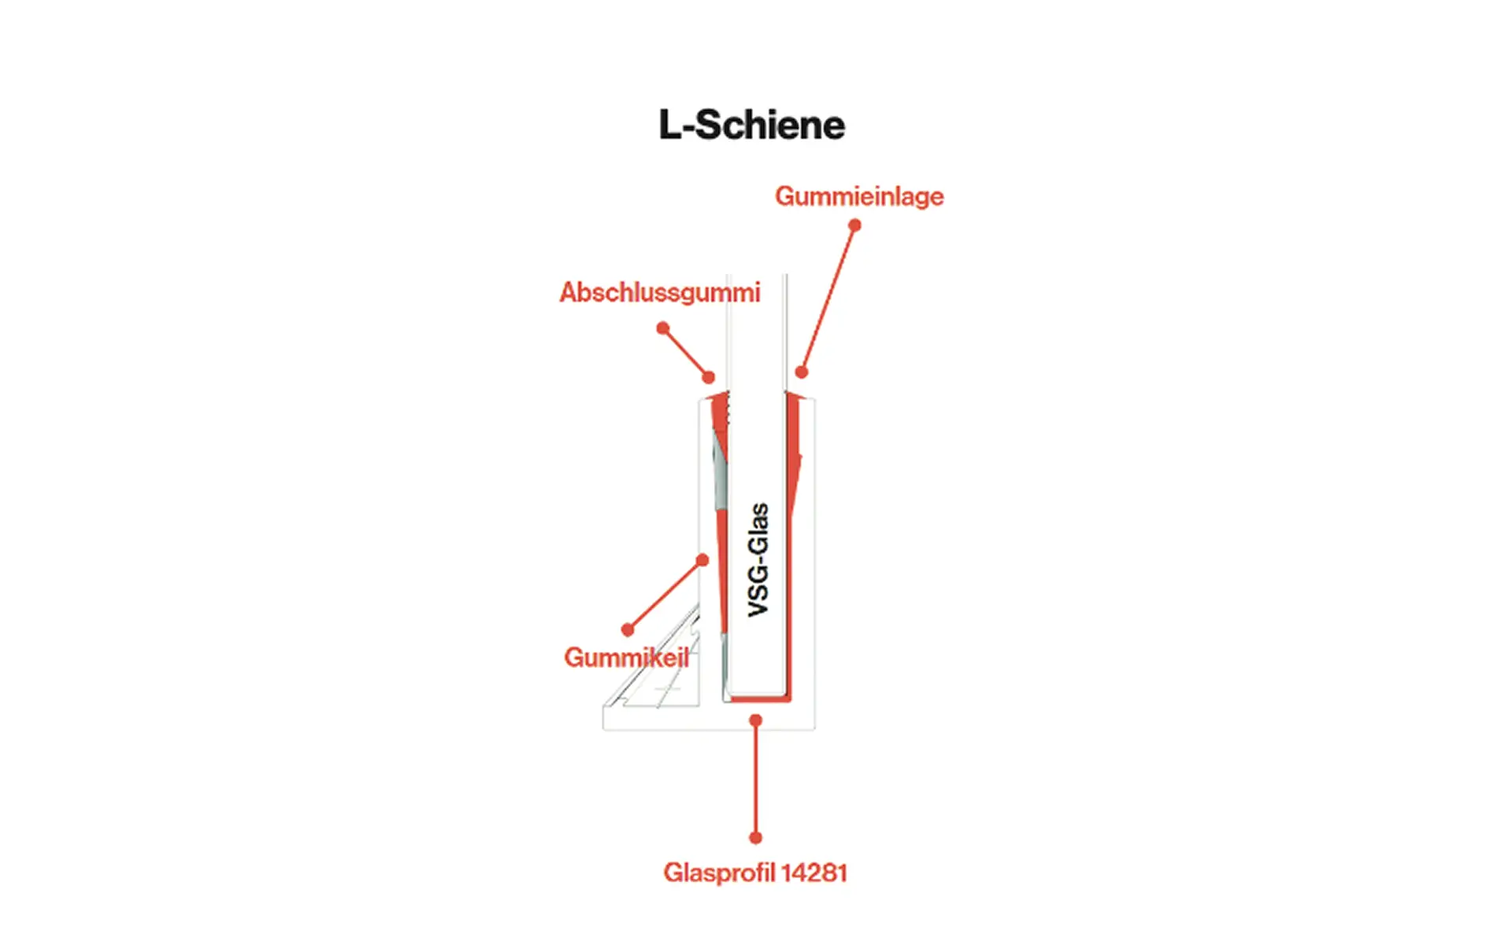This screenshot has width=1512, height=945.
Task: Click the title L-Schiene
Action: point(752,125)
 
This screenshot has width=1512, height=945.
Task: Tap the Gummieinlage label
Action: point(859,196)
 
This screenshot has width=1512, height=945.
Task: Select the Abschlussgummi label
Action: point(660,293)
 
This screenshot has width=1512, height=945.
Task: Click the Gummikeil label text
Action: point(626,658)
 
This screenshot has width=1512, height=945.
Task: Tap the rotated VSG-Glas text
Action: point(758,560)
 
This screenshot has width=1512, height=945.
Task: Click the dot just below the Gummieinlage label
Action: point(854,225)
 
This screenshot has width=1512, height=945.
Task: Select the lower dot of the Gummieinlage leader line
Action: point(802,372)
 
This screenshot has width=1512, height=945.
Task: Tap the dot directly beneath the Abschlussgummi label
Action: point(663,328)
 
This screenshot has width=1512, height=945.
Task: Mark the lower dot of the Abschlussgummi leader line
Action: point(709,377)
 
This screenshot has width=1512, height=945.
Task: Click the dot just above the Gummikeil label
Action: point(628,630)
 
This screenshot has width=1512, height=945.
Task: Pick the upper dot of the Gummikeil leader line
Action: point(702,560)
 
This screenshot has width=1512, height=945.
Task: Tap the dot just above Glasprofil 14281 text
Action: point(756,838)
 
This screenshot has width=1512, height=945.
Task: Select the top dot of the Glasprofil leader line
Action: point(756,720)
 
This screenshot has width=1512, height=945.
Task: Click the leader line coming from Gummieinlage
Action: point(828,298)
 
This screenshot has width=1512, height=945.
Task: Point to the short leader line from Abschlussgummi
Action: point(686,352)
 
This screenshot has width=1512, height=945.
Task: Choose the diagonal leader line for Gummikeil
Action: point(665,595)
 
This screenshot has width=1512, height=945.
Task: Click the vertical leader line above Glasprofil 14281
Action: point(756,780)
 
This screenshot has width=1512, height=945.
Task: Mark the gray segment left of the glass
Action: point(720,472)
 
